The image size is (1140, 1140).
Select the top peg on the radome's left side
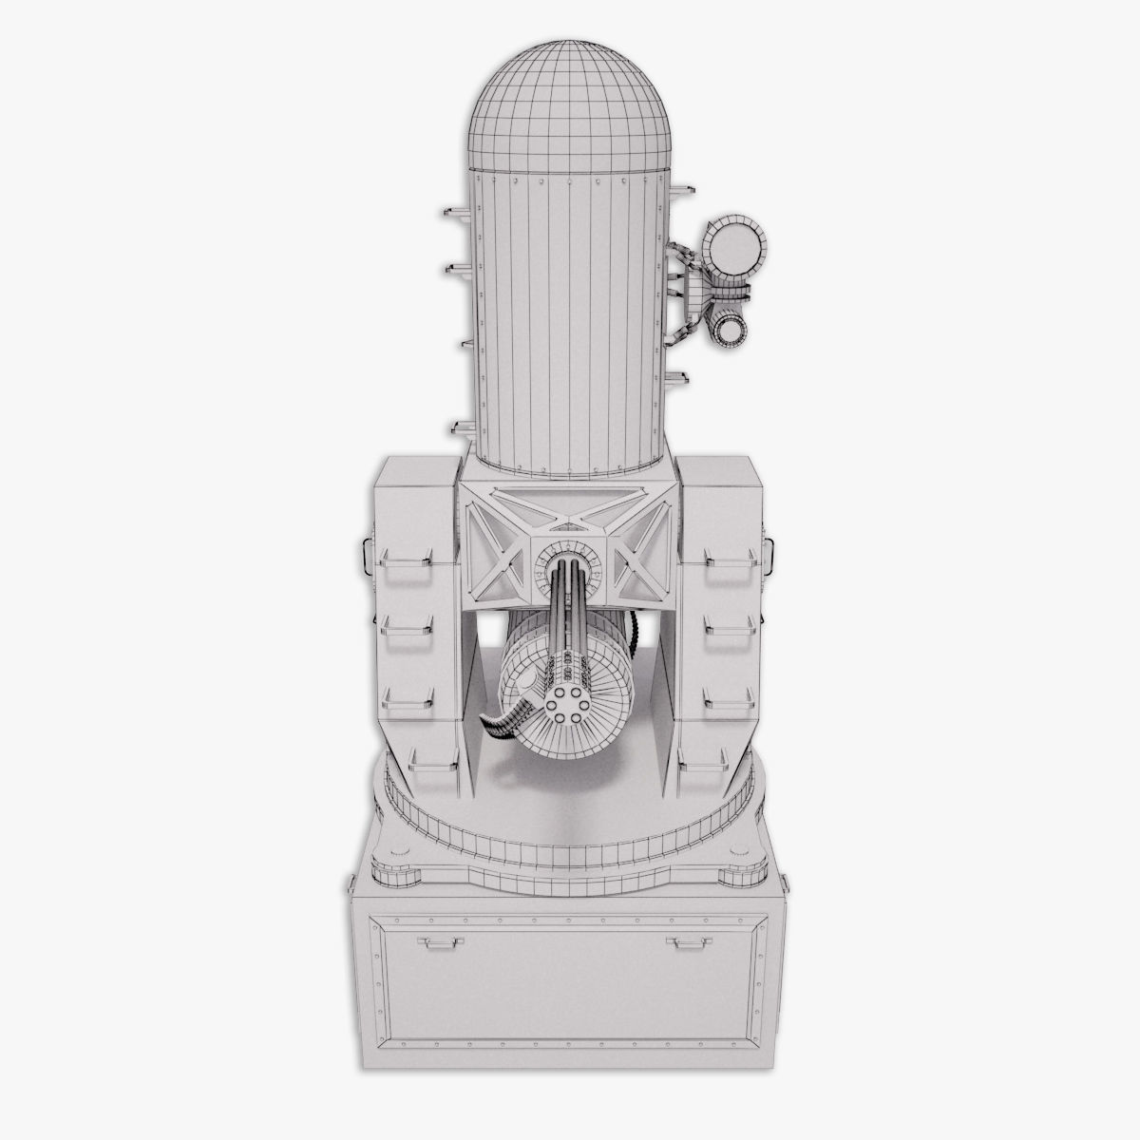(452, 210)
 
